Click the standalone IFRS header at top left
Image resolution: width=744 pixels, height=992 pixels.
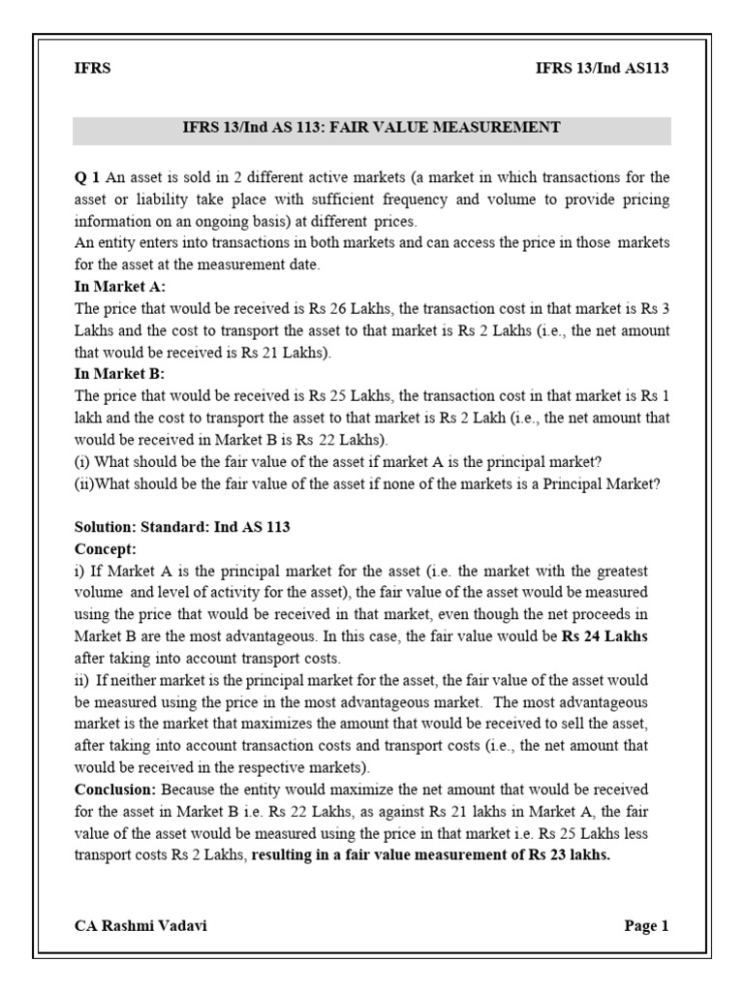92,68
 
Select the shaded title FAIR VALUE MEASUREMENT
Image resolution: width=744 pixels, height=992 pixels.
372,127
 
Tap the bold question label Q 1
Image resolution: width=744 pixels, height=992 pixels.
87,176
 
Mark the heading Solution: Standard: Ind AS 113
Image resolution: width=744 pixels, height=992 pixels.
182,527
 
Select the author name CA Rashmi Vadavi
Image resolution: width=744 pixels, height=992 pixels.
140,925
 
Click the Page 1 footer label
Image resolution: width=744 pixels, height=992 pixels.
646,925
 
